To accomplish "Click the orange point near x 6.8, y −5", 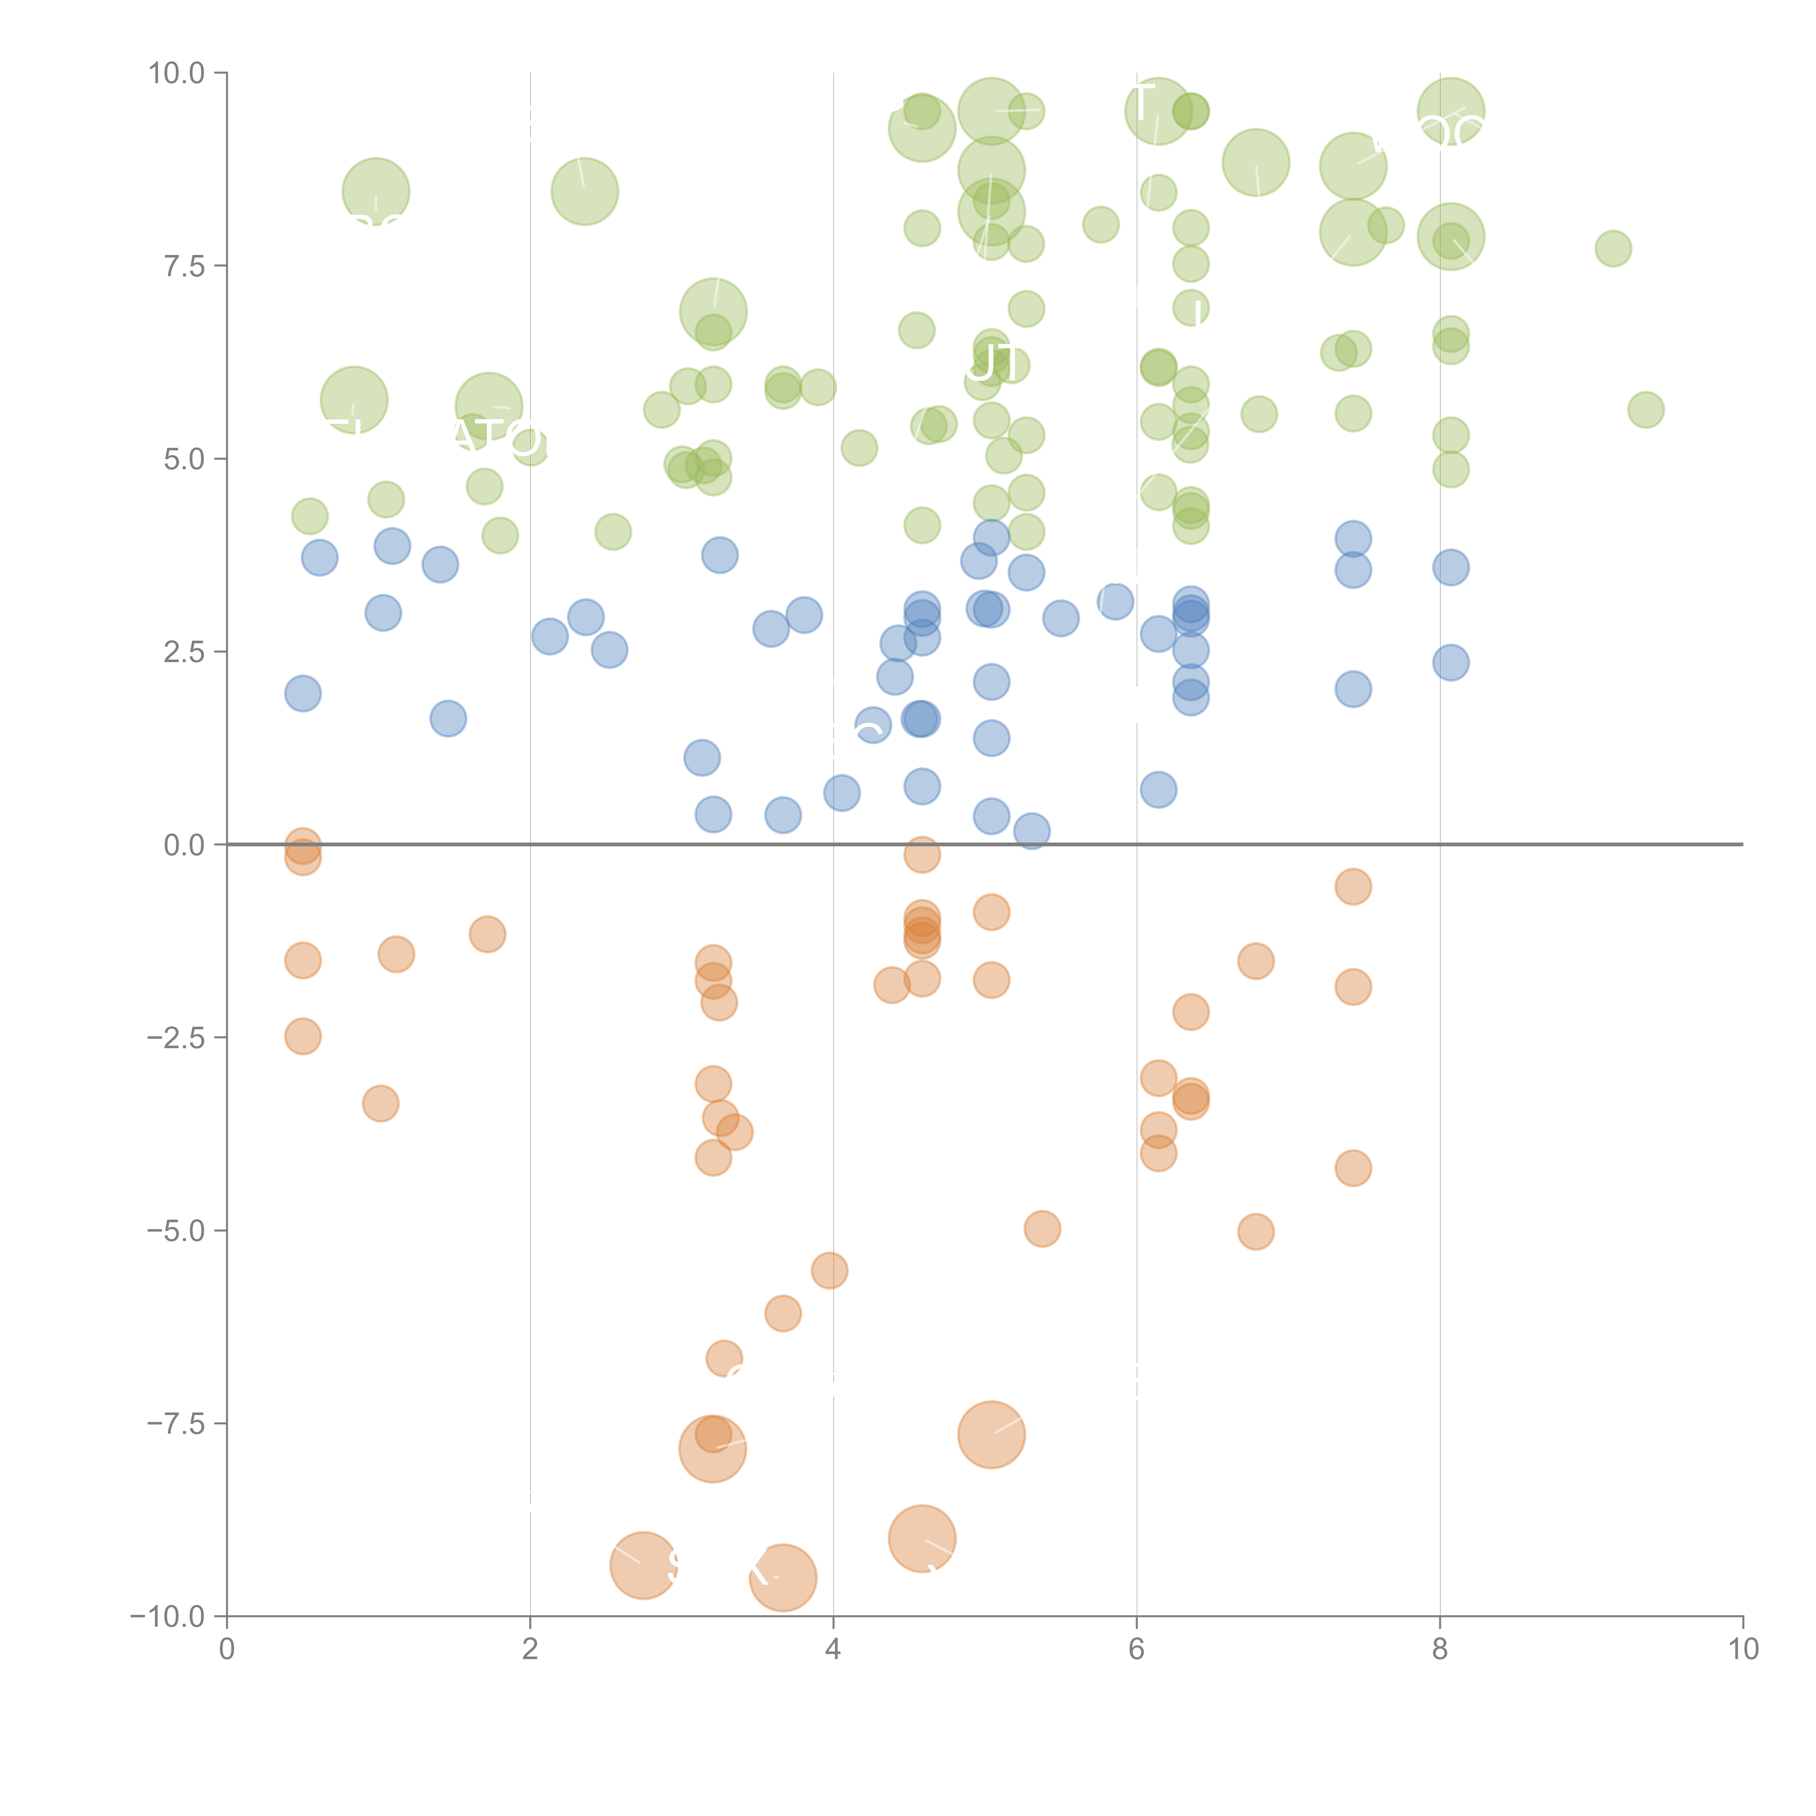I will pyautogui.click(x=1256, y=1231).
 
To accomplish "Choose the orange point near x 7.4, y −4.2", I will pyautogui.click(x=1353, y=1168).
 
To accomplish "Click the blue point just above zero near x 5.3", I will pyautogui.click(x=1031, y=831).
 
